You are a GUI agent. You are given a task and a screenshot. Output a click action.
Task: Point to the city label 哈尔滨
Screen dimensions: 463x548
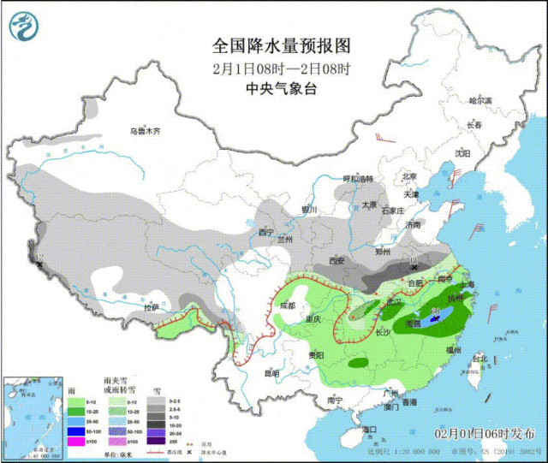click(x=480, y=101)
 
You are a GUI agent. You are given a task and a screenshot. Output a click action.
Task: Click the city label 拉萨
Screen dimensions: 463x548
click(x=151, y=306)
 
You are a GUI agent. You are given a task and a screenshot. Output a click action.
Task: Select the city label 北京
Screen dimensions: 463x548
click(x=410, y=176)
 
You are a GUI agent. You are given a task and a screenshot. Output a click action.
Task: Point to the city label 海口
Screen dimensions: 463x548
click(x=369, y=429)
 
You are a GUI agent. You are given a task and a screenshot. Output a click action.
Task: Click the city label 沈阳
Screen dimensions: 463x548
click(x=463, y=153)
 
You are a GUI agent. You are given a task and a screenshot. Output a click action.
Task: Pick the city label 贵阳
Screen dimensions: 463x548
click(x=314, y=354)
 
